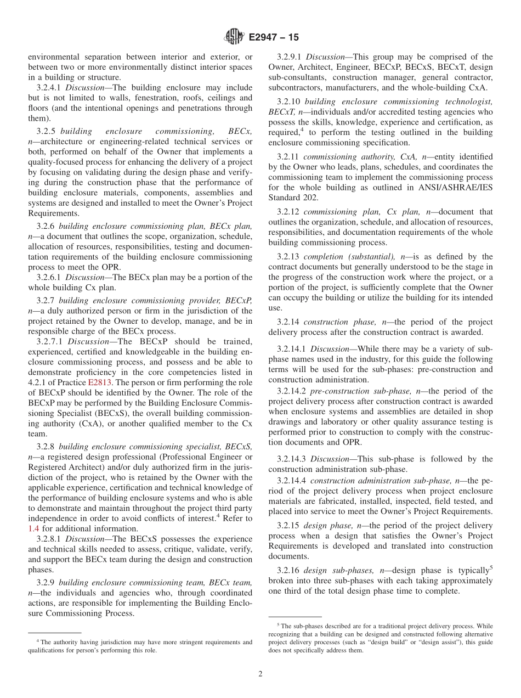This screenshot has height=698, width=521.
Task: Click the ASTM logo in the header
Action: point(234,37)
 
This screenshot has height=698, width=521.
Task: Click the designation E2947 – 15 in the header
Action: point(274,38)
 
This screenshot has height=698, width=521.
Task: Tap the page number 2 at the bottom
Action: point(260,674)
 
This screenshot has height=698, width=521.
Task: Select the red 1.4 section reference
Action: point(33,528)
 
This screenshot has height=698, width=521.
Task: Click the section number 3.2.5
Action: point(46,131)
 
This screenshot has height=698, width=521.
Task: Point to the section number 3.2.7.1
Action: point(49,341)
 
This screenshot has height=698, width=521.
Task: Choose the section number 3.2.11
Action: point(288,157)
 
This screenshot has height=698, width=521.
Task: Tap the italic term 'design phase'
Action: point(327,526)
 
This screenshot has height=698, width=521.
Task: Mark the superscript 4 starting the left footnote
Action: point(38,640)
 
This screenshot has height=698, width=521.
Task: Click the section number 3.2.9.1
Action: point(290,57)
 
